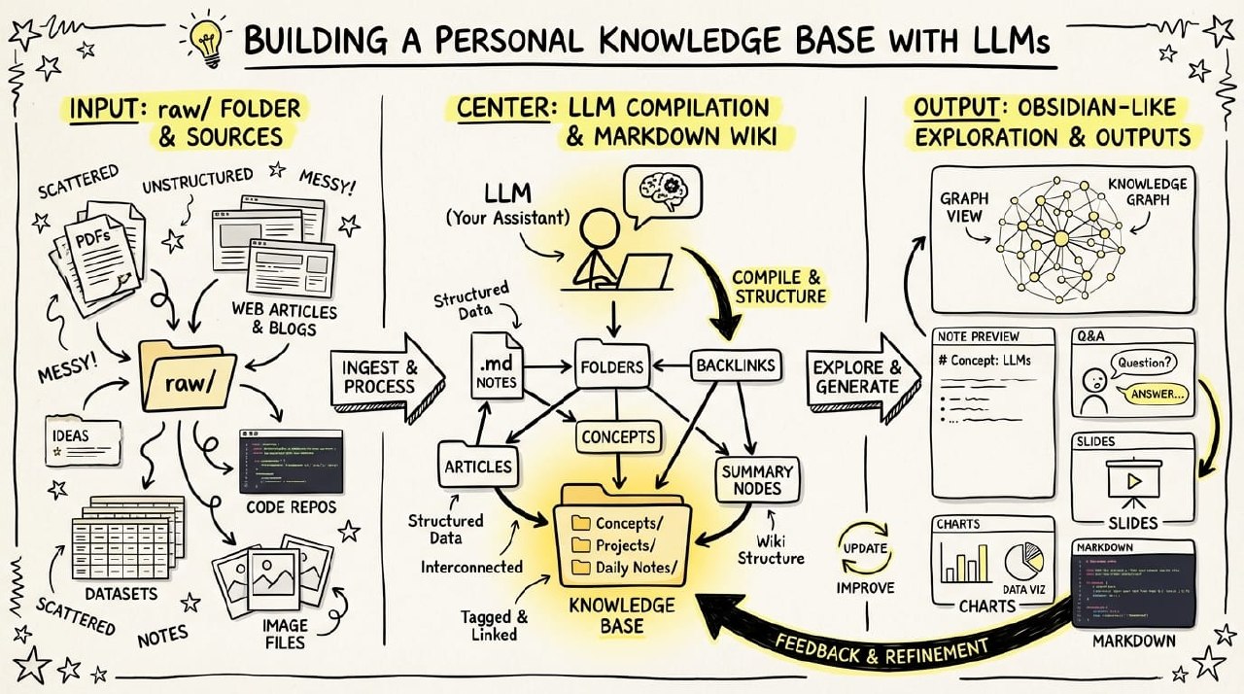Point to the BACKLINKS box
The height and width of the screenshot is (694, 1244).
735,366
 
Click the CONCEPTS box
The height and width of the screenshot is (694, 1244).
618,437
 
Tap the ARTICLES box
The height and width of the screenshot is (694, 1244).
477,466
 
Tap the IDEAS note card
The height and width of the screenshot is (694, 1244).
83,441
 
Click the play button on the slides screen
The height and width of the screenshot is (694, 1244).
1132,480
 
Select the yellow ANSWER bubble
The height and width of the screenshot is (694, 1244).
1153,396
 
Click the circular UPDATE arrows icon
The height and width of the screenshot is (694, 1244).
864,548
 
